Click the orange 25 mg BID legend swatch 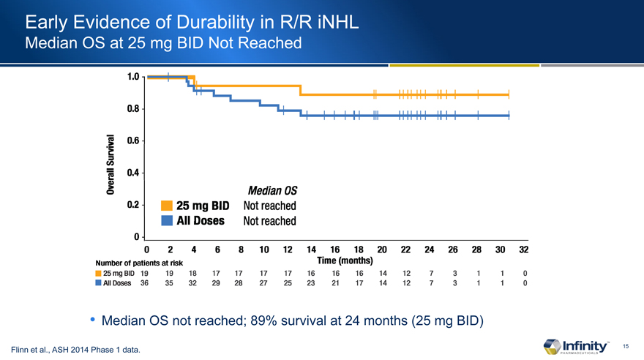[166, 206]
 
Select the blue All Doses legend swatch [166, 220]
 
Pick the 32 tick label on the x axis [523, 250]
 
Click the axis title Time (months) [345, 260]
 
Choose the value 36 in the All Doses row [145, 284]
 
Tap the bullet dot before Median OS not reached [93, 320]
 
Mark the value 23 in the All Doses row [310, 284]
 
